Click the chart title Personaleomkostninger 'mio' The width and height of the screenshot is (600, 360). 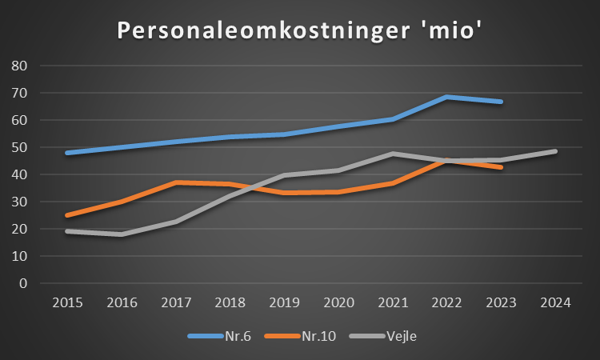coord(299,30)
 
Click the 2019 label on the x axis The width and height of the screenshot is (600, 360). coord(283,303)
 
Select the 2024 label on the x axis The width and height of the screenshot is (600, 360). coord(555,303)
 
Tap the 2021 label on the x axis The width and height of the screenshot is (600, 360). coord(392,303)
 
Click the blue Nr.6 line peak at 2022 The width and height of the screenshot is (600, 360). coord(446,97)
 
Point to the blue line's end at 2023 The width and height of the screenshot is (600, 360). coord(501,102)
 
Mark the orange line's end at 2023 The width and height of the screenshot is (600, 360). coord(501,167)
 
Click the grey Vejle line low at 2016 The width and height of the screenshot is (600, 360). coord(120,234)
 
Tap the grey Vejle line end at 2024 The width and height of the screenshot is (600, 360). coord(555,151)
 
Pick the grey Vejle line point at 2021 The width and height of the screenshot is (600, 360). coord(392,154)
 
